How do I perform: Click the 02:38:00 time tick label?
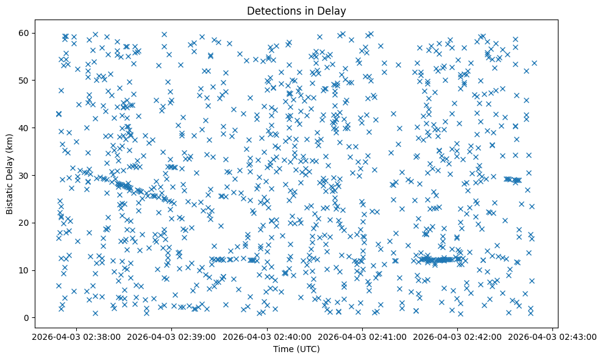pyautogui.click(x=76, y=336)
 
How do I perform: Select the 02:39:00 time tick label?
pyautogui.click(x=171, y=336)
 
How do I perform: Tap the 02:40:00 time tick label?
pyautogui.click(x=267, y=336)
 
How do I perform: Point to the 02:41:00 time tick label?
pyautogui.click(x=362, y=336)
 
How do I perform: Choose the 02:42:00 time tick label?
pyautogui.click(x=457, y=336)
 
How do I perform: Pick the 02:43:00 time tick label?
pyautogui.click(x=553, y=336)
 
